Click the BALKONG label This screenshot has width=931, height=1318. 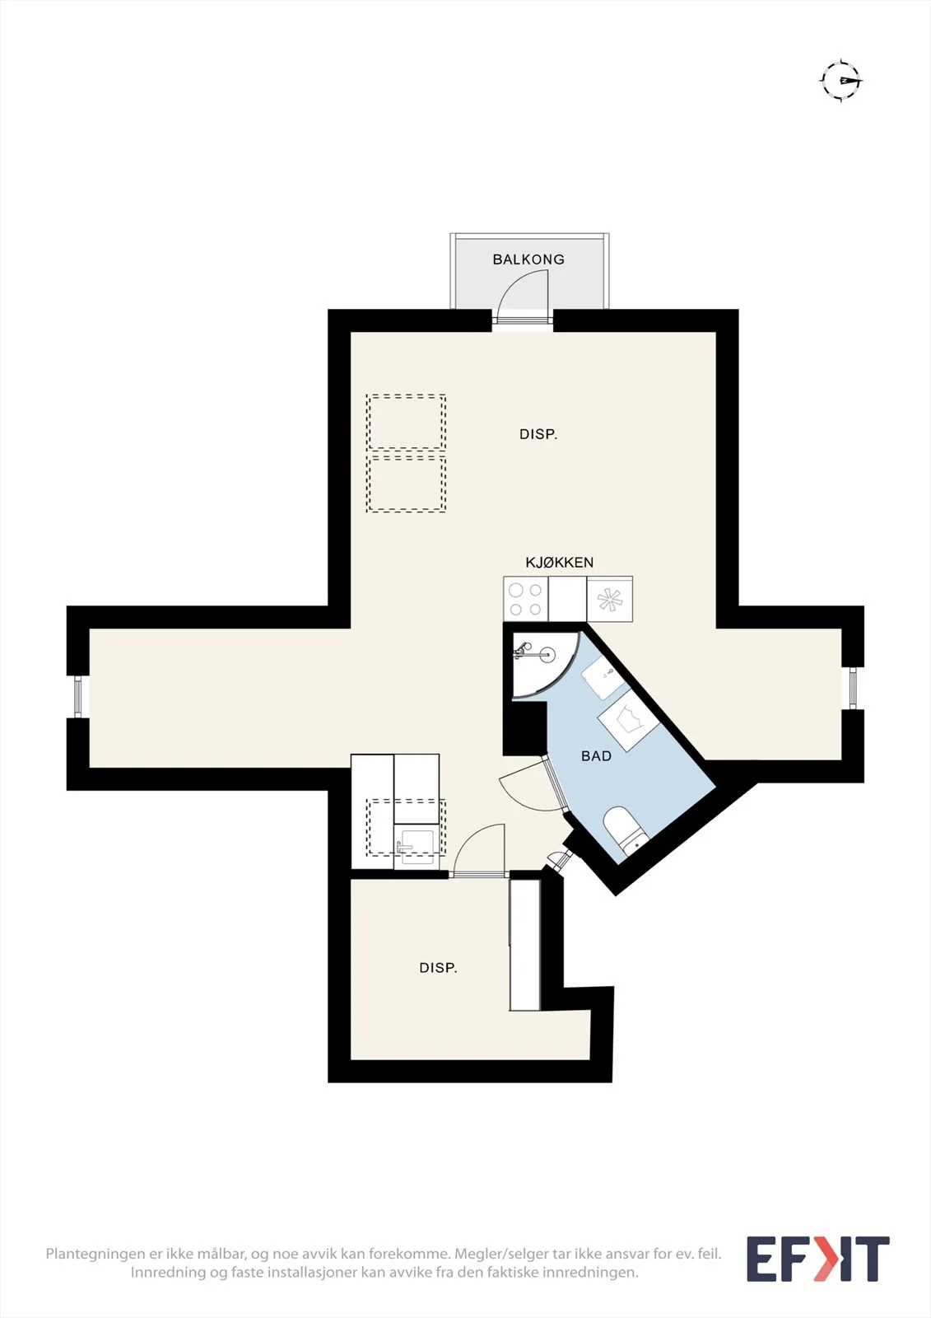click(528, 259)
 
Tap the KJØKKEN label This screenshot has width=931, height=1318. click(559, 563)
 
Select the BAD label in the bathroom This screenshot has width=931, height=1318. click(596, 756)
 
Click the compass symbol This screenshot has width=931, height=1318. click(841, 80)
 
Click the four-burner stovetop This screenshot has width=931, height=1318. click(526, 598)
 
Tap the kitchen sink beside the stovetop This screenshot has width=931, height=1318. click(610, 598)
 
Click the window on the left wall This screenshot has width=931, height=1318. click(77, 697)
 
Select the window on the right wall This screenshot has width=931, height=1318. click(853, 688)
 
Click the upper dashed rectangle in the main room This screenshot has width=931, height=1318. click(406, 423)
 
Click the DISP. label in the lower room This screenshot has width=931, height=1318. click(438, 968)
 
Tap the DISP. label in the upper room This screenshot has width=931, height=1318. click(538, 434)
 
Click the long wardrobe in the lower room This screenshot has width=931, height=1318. click(524, 945)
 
